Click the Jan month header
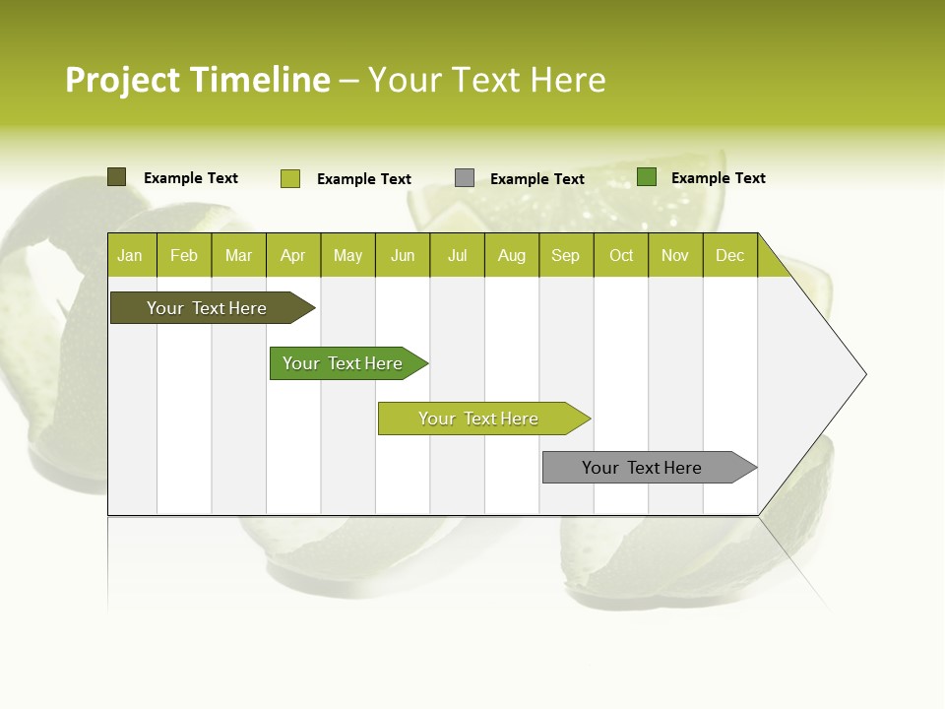[130, 255]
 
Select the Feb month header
[184, 255]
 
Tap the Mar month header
[238, 255]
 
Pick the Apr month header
[293, 255]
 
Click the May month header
[347, 255]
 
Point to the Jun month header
[403, 255]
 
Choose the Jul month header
[457, 255]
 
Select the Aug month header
[512, 255]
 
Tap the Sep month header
[566, 255]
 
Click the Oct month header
[621, 255]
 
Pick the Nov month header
[675, 255]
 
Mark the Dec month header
[730, 255]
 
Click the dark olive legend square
[117, 177]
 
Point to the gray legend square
[465, 178]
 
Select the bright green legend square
[647, 177]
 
